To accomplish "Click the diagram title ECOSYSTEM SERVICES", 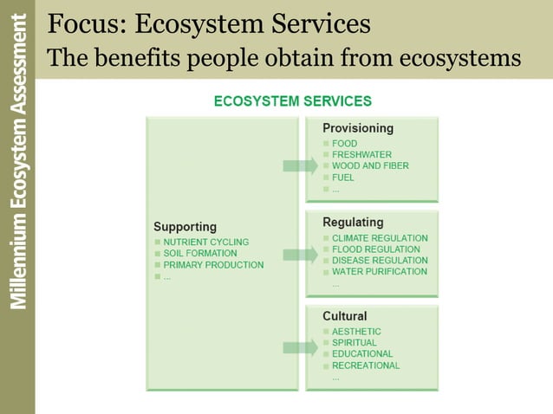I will pos(293,101).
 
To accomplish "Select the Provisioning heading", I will pos(358,128).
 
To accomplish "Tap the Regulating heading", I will pos(353,223).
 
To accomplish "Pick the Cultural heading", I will pos(345,316).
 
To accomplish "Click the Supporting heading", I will pos(185,227).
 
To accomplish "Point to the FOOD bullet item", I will pos(344,144).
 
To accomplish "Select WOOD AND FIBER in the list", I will pos(370,166).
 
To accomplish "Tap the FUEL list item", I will pos(343,178).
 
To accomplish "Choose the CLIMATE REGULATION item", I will pos(380,238).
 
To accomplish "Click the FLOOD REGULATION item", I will pos(377,249).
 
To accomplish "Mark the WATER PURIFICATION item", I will pos(379,272).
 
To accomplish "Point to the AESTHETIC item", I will pos(356,332).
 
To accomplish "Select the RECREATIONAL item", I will pos(366,365).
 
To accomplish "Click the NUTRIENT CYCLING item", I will pos(205,243).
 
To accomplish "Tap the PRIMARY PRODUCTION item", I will pos(213,265).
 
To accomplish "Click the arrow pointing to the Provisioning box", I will pos(300,166).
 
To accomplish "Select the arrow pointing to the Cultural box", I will pos(300,348).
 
